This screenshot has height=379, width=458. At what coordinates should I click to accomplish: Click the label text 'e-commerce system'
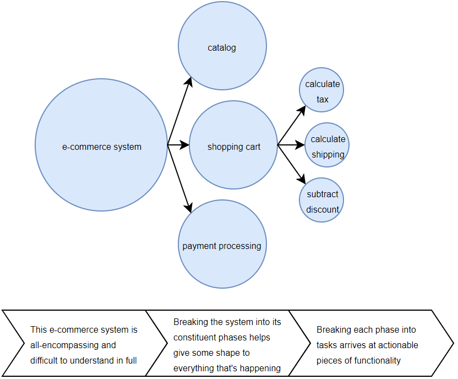coord(101,147)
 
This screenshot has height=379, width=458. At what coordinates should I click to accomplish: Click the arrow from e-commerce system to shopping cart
coord(178,145)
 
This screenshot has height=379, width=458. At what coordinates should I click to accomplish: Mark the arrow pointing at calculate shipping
coord(292,145)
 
